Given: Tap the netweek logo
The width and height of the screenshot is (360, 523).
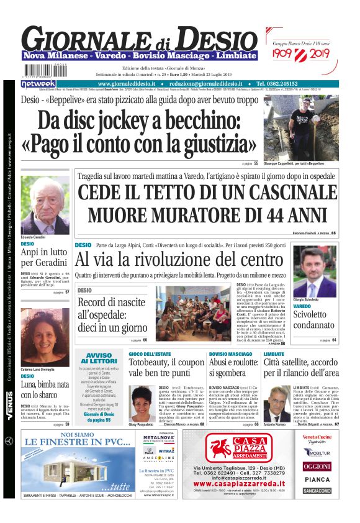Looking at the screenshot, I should [x=39, y=83].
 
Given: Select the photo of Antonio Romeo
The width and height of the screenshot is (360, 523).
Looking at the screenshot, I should [x=277, y=404].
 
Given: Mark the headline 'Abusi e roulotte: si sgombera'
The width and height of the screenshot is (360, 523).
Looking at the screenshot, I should [x=232, y=366].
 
